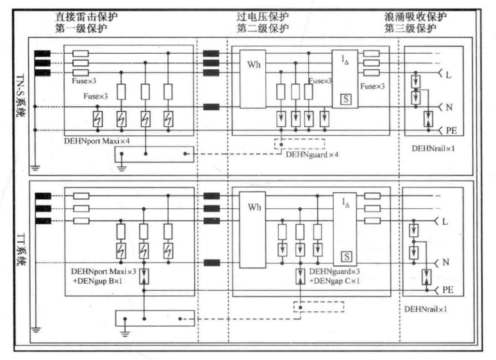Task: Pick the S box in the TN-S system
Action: [x=346, y=101]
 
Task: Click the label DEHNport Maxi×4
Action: [x=97, y=140]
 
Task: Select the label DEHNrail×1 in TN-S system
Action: [x=434, y=148]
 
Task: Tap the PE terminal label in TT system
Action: [x=448, y=290]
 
